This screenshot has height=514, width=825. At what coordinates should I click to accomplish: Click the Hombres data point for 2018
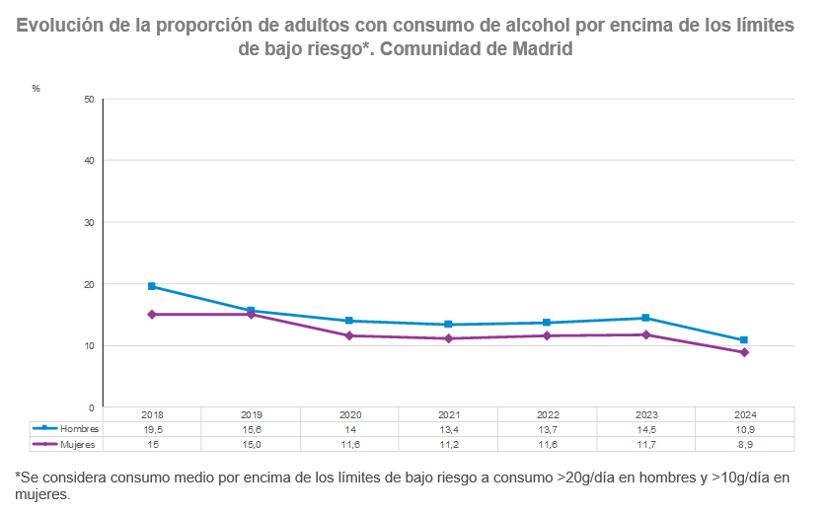click(152, 286)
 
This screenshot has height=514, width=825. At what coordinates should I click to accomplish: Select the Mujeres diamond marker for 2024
click(744, 352)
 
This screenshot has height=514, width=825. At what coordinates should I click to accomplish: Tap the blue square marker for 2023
click(645, 318)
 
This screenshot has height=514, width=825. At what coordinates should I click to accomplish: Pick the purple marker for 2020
click(349, 335)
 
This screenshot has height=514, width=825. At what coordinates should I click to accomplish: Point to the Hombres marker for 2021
click(448, 325)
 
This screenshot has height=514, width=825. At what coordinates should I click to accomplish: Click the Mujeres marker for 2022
click(547, 335)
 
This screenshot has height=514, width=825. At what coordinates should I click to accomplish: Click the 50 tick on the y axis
click(89, 99)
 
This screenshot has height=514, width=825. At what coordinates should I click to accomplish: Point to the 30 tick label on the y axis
click(89, 222)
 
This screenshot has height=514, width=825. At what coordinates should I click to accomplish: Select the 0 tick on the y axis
click(92, 406)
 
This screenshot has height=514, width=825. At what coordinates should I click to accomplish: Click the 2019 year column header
click(251, 415)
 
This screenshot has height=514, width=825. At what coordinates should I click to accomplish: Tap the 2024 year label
click(744, 415)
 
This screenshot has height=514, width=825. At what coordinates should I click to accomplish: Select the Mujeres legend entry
click(65, 444)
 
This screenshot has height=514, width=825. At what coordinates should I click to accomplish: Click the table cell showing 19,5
click(152, 429)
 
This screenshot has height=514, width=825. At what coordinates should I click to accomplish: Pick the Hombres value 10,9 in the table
click(744, 429)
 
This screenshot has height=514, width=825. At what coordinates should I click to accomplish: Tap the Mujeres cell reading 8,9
click(744, 444)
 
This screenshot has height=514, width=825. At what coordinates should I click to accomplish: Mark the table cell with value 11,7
click(645, 444)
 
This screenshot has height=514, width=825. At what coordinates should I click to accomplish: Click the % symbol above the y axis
click(36, 89)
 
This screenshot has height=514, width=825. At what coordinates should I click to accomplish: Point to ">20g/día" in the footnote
click(586, 477)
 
